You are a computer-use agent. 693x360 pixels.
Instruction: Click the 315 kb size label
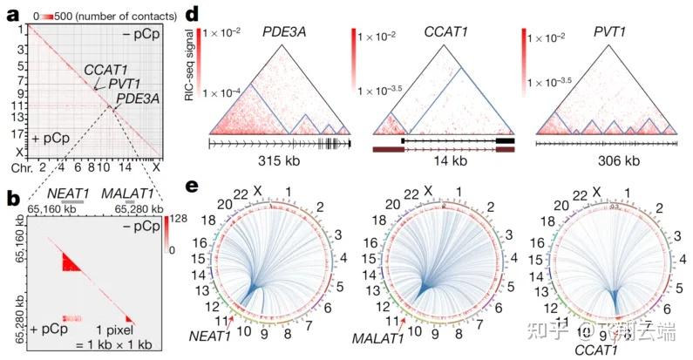279,161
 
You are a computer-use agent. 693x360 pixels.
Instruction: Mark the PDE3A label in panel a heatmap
139,98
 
